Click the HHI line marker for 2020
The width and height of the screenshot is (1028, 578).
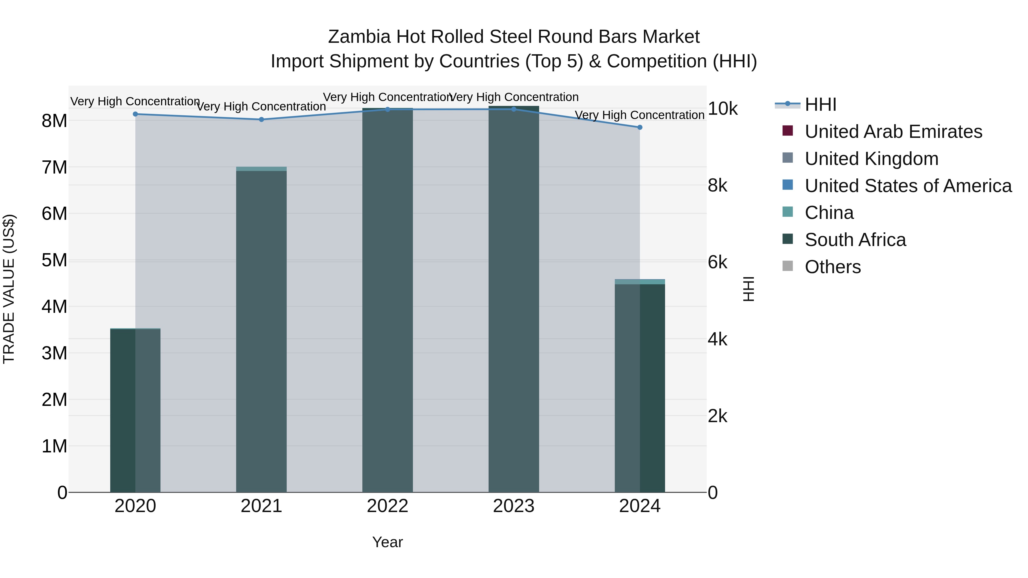tap(135, 114)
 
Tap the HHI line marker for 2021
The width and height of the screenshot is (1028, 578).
tap(261, 119)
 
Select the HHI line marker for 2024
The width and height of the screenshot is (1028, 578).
tap(640, 127)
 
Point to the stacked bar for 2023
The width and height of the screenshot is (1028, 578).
tap(514, 299)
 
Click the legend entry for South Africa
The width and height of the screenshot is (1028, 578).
tap(855, 240)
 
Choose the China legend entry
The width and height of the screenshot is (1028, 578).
tap(829, 213)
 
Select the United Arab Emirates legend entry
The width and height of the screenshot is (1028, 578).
tap(893, 132)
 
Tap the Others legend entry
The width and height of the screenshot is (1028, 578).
tap(832, 267)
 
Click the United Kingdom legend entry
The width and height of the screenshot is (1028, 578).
tap(871, 159)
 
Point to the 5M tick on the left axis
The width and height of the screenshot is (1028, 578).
tap(54, 260)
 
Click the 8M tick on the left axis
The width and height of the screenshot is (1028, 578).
tap(54, 120)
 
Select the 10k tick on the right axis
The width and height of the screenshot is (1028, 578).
tap(722, 108)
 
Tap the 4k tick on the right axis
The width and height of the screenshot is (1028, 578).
tap(718, 339)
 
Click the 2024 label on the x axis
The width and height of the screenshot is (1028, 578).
tap(640, 506)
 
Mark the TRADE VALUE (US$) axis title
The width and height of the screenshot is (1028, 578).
tap(9, 289)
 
